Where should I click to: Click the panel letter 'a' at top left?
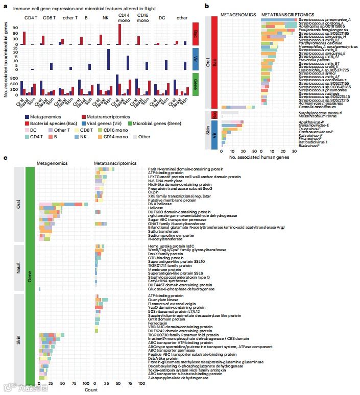pyautogui.click(x=5, y=7)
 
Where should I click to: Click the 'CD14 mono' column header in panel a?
pyautogui.click(x=124, y=18)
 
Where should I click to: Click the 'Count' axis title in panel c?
pyautogui.click(x=91, y=389)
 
